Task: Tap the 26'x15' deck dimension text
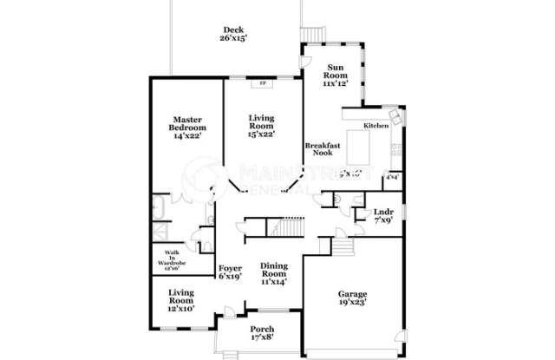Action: tap(232, 39)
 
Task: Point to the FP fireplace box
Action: tap(260, 84)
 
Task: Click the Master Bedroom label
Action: tap(187, 123)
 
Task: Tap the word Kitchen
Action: tap(375, 126)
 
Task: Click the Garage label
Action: tap(353, 295)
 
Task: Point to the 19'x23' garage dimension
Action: tap(353, 305)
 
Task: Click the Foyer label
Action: tap(230, 268)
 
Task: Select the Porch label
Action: tap(262, 329)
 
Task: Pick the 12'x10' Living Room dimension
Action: tap(181, 309)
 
